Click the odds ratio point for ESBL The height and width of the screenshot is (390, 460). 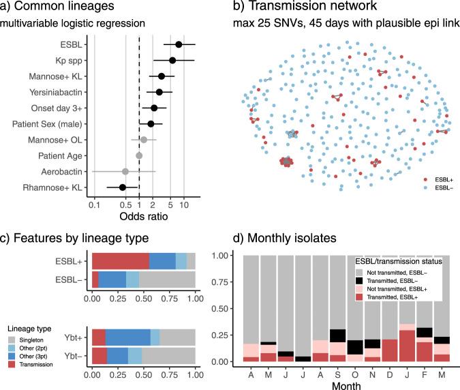tap(179, 44)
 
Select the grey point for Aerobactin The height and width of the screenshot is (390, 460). tap(125, 171)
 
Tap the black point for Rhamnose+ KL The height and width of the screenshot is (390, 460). tap(123, 187)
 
